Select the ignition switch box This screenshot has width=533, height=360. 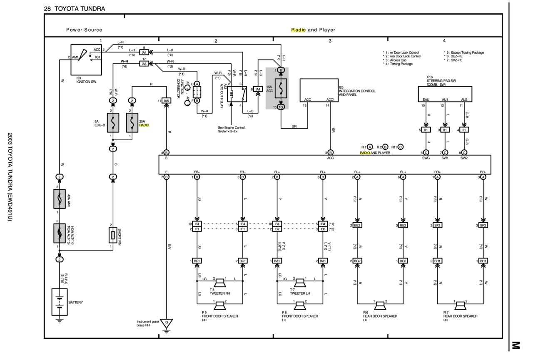(x=86, y=59)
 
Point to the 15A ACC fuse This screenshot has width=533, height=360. (x=281, y=88)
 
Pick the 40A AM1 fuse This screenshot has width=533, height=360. (x=59, y=199)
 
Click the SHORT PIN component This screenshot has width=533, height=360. (x=112, y=236)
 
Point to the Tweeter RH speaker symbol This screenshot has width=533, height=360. (x=220, y=283)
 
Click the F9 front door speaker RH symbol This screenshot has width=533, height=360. (x=220, y=306)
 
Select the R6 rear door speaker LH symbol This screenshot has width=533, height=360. (x=380, y=306)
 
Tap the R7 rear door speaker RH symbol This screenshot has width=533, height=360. (x=460, y=306)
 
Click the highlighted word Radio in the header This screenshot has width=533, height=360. (x=298, y=30)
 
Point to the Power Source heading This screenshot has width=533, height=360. (x=84, y=30)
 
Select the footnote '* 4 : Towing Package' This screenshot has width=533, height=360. (x=398, y=64)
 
